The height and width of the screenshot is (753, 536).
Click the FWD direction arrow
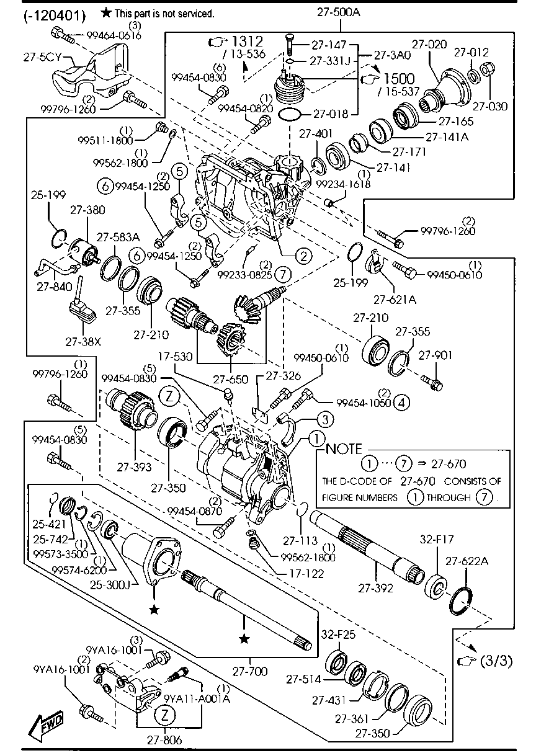(47, 724)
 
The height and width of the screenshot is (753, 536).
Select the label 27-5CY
(41, 58)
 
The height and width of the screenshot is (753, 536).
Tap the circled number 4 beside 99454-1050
(401, 403)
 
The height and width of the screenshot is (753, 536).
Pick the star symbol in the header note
(107, 12)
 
